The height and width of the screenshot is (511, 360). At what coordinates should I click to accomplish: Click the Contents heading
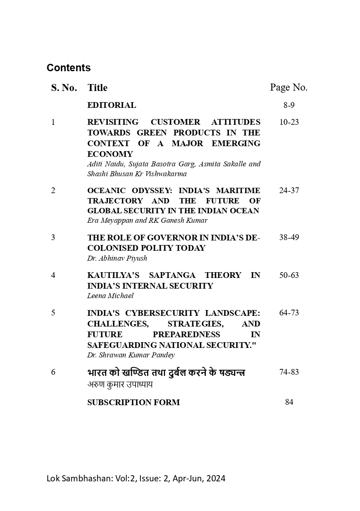point(68,68)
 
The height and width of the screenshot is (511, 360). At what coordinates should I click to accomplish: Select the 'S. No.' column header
point(64,88)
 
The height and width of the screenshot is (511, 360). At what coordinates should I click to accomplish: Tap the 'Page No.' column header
point(288,87)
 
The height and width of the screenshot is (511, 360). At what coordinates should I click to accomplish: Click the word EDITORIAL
point(111,105)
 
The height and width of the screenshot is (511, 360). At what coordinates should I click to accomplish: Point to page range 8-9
point(289,105)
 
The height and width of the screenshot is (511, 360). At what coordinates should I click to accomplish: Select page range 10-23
point(289,122)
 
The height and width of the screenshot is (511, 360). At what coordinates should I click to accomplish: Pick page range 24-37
point(289,191)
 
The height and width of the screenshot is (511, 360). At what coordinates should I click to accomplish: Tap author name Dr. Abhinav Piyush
point(117,259)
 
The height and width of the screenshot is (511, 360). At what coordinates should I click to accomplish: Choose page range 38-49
point(289,238)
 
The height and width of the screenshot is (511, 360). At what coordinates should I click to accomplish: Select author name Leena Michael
point(110,296)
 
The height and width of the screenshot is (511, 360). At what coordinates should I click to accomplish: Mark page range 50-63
point(289,275)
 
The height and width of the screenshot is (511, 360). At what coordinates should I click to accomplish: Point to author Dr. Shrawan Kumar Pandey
point(131,355)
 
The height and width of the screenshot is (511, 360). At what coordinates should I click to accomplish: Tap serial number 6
point(53,372)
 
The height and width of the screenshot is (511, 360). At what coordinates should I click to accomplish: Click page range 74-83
point(289,372)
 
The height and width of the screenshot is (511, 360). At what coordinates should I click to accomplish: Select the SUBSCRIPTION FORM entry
point(133,403)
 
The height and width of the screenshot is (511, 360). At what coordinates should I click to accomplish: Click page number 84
point(289,402)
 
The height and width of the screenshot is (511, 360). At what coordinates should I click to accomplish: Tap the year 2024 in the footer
point(216,478)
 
